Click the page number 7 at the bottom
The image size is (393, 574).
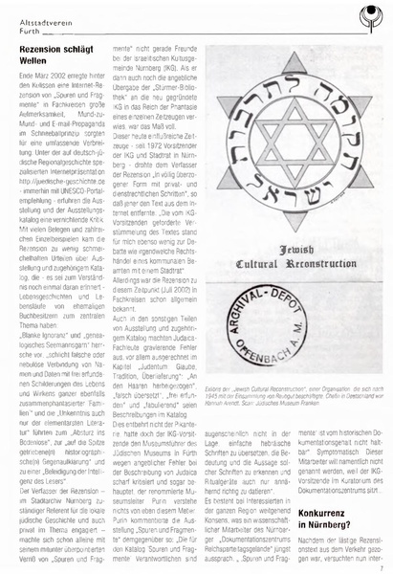coord(380,564)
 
